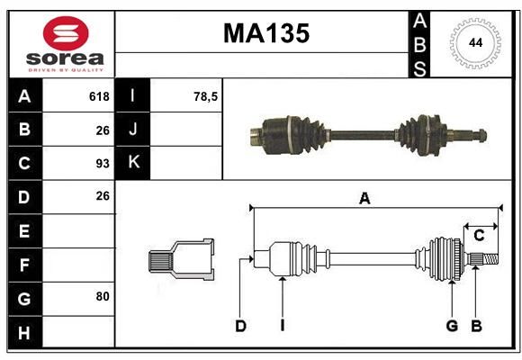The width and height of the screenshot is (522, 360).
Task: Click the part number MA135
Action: tap(266, 33)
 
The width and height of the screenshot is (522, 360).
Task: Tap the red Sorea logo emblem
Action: tap(66, 33)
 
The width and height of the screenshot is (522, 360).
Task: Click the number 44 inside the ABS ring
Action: tap(475, 43)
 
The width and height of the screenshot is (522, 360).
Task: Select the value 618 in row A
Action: tap(99, 96)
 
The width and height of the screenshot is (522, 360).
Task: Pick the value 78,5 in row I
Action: tap(205, 96)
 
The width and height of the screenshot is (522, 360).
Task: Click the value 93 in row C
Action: tap(103, 164)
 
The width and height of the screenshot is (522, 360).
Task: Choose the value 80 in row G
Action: tap(103, 296)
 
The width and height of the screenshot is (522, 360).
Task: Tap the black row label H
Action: tap(25, 332)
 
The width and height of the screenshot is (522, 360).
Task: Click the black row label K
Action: tap(133, 163)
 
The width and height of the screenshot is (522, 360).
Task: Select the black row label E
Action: tap(25, 230)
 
